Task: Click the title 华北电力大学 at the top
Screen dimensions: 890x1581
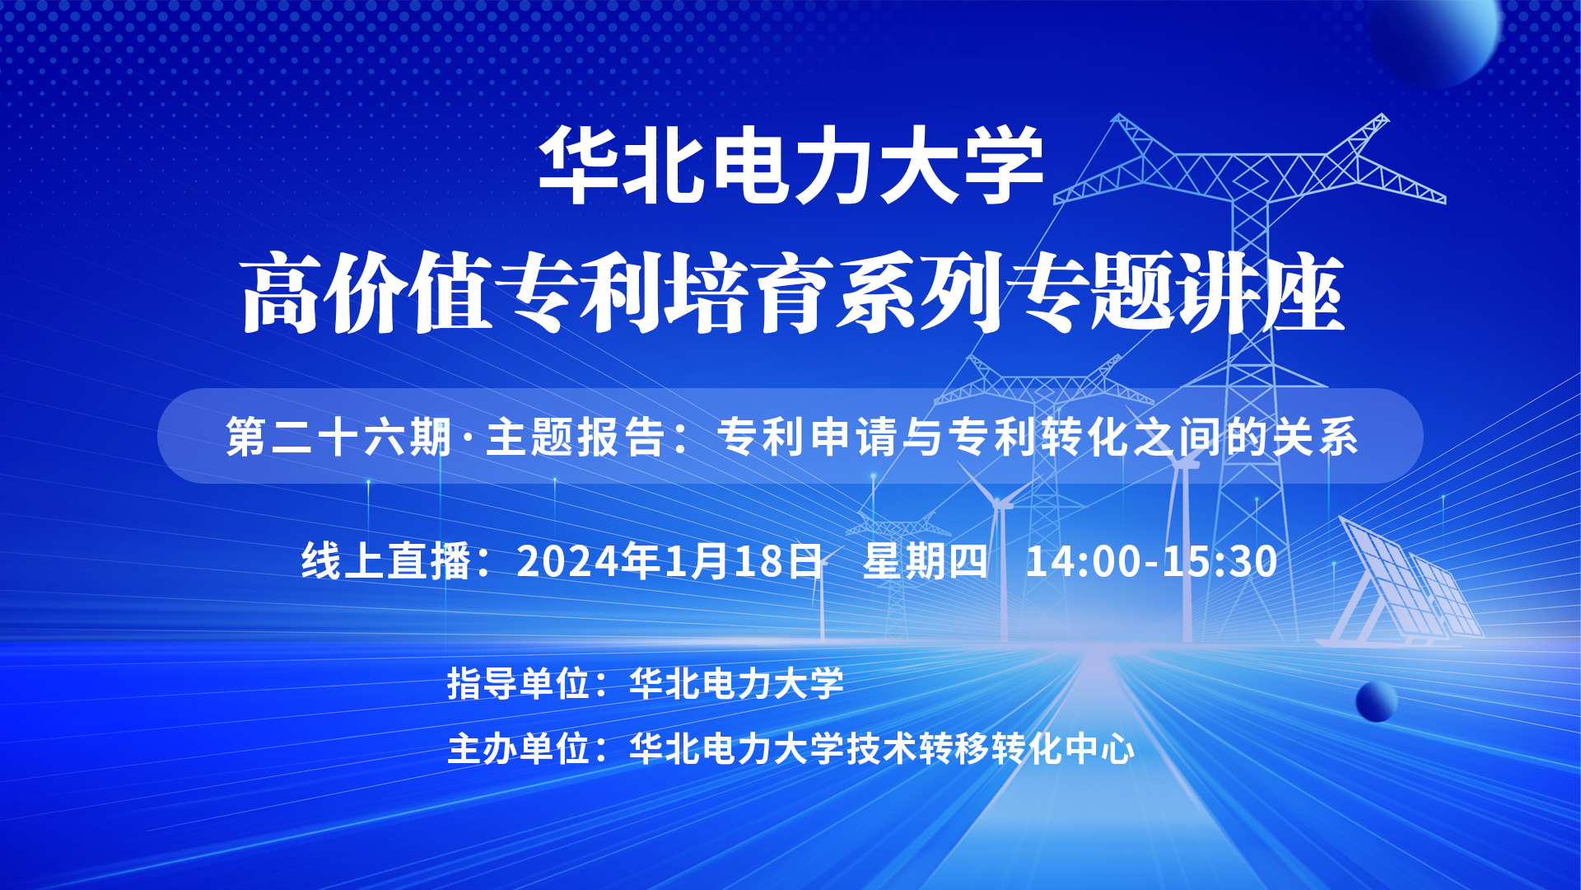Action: tap(790, 165)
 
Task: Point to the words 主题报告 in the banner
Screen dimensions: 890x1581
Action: tap(576, 437)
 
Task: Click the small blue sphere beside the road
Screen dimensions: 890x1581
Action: tap(1376, 702)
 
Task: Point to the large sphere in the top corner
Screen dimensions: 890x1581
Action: tap(1433, 37)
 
